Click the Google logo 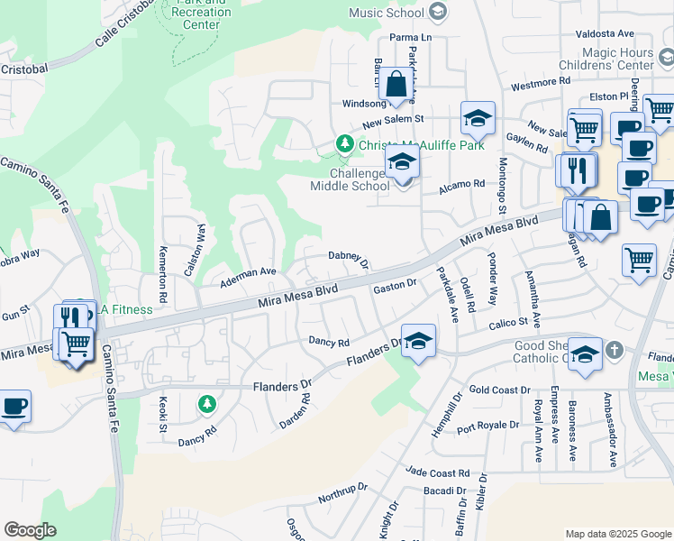[30, 530]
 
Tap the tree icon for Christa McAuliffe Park [343, 144]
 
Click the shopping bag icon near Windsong [396, 86]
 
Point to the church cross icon [613, 349]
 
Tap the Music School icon [438, 13]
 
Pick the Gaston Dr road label [394, 285]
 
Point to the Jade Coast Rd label [438, 472]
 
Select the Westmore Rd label [541, 82]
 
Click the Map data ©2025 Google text [617, 534]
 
